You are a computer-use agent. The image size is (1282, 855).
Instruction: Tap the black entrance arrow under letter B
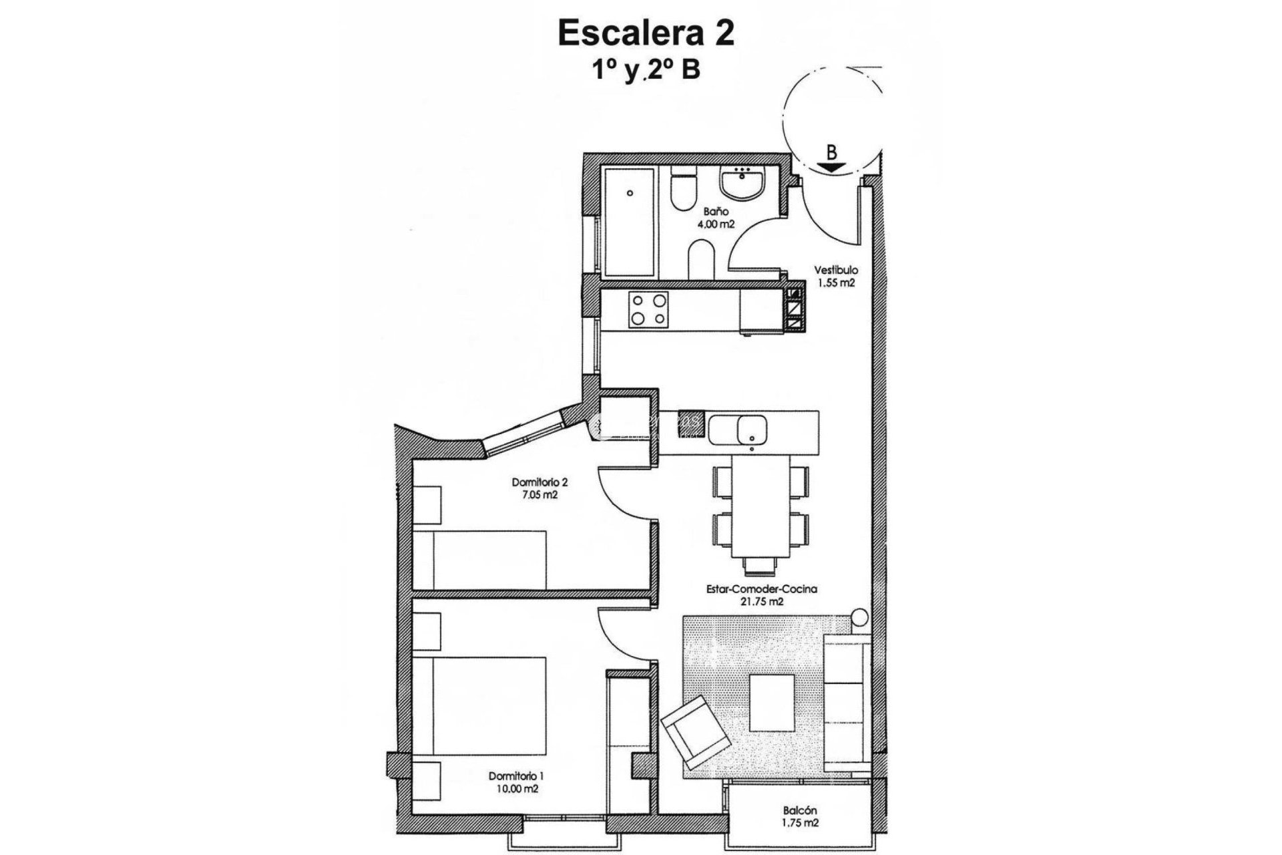(x=831, y=168)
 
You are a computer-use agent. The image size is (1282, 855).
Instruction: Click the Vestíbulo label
(x=835, y=271)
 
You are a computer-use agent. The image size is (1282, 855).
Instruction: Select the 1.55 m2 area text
(x=836, y=283)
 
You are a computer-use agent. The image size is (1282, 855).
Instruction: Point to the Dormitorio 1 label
(x=515, y=776)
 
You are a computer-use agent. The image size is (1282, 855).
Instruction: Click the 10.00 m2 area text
(x=515, y=789)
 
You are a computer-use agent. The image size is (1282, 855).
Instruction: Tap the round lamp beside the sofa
(x=859, y=616)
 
